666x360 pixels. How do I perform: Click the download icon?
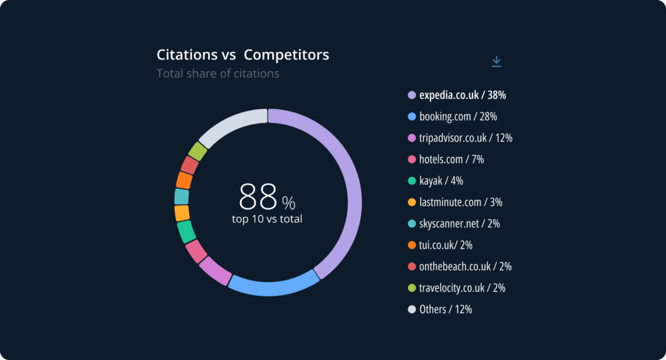point(496,62)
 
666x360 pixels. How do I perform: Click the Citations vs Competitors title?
point(243,55)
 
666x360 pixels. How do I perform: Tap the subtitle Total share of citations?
point(218,73)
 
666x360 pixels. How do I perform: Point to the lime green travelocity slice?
point(198,151)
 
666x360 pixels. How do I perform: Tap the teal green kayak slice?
point(186,231)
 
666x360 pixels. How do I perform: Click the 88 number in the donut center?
point(258,196)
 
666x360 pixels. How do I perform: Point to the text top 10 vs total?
point(267,219)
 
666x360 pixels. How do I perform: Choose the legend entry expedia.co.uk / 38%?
point(462,95)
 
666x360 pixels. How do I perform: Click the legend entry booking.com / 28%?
point(458,116)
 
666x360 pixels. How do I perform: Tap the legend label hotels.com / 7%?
point(451,160)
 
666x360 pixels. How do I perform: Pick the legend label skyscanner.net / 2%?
point(460,224)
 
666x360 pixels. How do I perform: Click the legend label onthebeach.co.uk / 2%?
point(465,267)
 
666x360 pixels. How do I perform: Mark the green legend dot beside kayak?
point(412,181)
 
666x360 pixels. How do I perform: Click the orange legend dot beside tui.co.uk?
point(412,245)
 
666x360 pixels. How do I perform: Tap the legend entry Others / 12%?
point(446,310)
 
